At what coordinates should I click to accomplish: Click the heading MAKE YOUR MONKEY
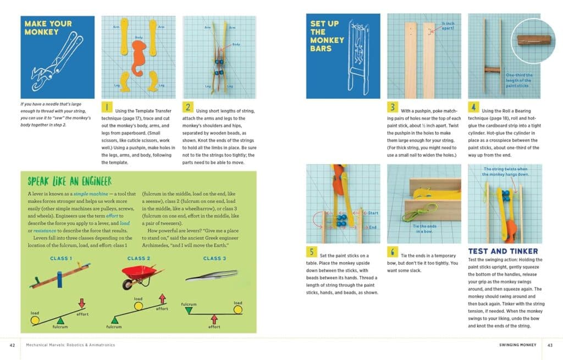point(48,27)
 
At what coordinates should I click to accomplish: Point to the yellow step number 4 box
point(473,107)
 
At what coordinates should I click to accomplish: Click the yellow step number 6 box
point(393,252)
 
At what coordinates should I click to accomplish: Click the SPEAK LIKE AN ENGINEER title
point(69,181)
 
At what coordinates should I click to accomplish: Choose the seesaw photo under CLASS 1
point(60,278)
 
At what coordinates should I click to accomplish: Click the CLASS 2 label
point(139,258)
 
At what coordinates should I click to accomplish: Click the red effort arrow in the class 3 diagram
point(214,320)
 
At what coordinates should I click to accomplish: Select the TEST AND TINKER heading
point(503,251)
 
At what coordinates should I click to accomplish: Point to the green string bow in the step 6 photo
point(413,215)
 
